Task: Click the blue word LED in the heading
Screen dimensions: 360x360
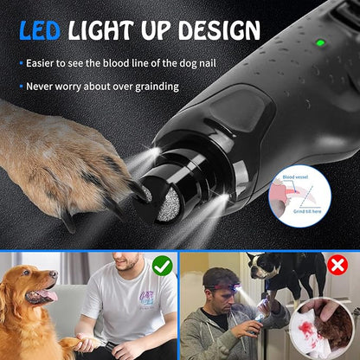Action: [x=41, y=30]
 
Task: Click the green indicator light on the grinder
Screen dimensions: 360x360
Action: [x=319, y=42]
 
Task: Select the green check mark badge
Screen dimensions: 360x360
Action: [x=162, y=265]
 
